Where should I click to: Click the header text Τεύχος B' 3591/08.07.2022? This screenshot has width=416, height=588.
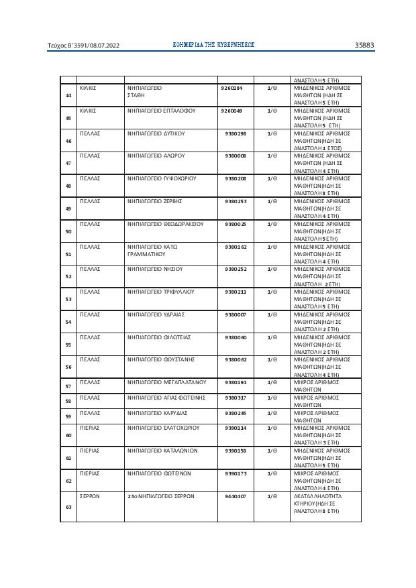[83, 46]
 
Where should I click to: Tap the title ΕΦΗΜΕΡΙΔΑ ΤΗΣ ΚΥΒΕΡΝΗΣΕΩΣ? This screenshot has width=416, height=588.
[213, 45]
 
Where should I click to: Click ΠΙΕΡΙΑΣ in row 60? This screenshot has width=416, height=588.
[91, 427]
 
